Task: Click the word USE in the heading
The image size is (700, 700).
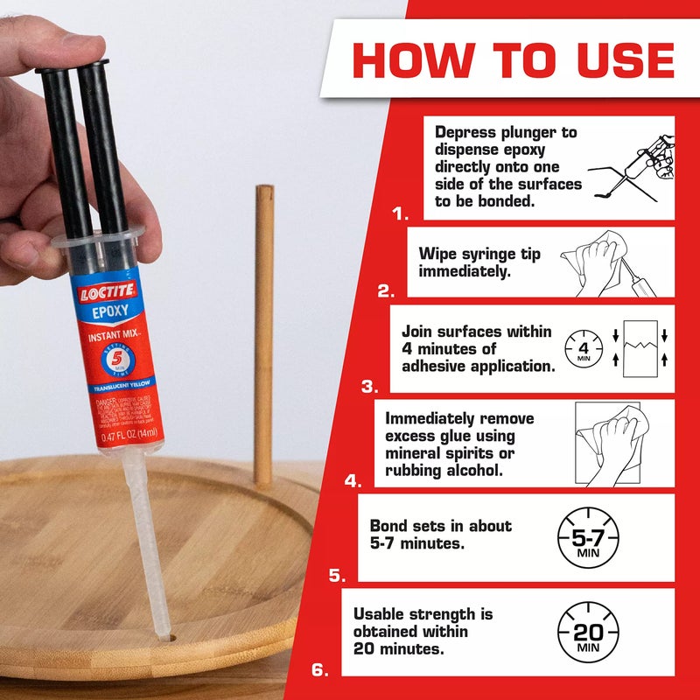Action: [614, 59]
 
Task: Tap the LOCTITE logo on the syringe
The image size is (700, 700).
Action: [105, 293]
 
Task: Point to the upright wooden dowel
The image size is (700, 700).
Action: [263, 332]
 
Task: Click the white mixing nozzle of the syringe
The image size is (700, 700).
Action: [148, 542]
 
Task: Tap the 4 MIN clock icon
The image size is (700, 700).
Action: [583, 350]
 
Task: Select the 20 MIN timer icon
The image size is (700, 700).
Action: [587, 633]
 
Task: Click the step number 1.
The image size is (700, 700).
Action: [401, 213]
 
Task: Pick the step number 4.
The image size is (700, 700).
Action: [353, 480]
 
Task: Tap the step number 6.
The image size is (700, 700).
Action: [320, 671]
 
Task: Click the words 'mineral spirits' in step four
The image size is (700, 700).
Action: [450, 453]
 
